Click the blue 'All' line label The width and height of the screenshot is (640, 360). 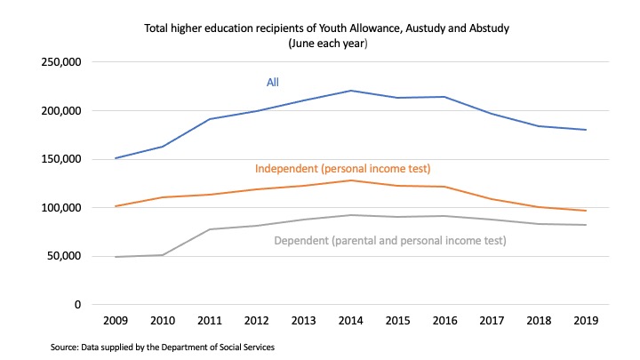(273, 83)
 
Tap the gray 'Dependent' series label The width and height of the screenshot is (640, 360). (389, 240)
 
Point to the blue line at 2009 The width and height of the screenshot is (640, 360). (116, 158)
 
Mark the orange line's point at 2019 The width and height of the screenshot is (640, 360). (586, 211)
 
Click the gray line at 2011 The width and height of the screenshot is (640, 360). (211, 229)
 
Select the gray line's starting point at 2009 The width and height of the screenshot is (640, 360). (116, 257)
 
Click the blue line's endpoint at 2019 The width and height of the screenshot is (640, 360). (586, 130)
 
